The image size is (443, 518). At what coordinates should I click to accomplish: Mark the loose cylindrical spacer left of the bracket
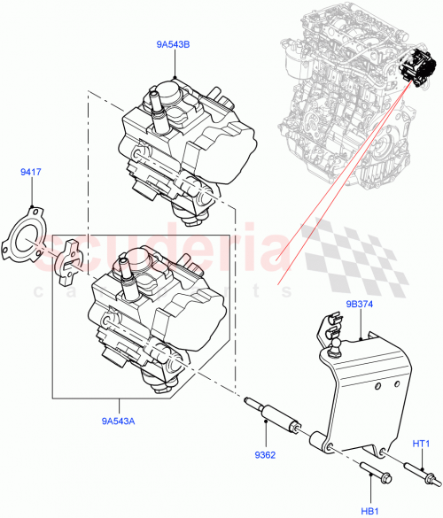click(x=315, y=441)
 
